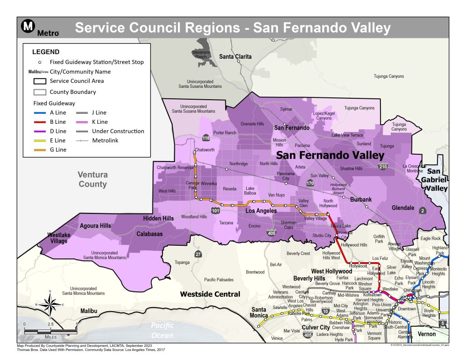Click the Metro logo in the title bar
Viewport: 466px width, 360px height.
[29, 28]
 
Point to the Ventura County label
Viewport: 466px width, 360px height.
[92, 179]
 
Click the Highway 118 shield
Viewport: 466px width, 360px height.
[206, 138]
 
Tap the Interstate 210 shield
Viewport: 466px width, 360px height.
[384, 167]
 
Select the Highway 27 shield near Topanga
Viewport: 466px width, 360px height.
[198, 254]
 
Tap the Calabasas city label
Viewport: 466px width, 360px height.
[150, 234]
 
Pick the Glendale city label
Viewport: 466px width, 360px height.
[403, 208]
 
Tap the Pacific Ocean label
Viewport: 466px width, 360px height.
[163, 331]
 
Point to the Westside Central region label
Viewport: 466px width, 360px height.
[210, 294]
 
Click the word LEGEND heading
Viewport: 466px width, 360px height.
[46, 52]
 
